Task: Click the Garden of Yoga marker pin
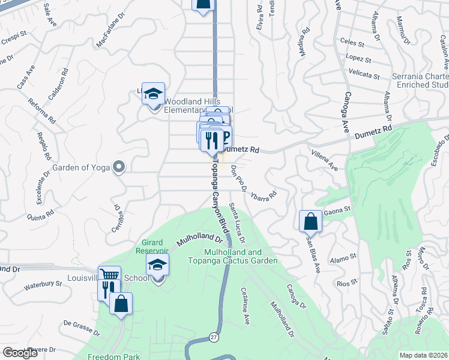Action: coord(118,167)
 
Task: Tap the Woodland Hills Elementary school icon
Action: coord(153,93)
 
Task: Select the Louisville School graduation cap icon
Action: coord(157,265)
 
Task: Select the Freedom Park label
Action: coord(118,356)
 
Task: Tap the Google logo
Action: coord(20,353)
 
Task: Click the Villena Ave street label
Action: coord(325,160)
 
